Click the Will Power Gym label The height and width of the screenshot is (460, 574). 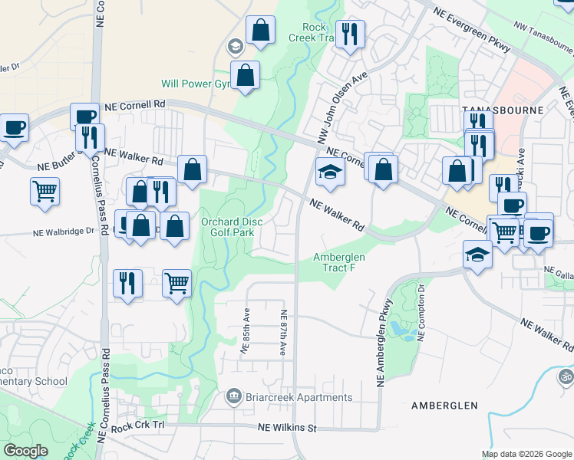click(190, 84)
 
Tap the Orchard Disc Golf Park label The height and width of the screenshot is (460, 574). click(232, 228)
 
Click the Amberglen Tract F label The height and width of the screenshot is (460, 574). click(339, 262)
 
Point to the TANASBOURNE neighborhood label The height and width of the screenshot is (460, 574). click(503, 110)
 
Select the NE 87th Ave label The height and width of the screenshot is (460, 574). click(283, 331)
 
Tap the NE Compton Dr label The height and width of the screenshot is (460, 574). click(422, 312)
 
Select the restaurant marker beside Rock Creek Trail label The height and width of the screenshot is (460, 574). click(350, 34)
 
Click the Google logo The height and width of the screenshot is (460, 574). click(26, 451)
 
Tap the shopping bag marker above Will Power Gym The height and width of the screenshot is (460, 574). click(261, 31)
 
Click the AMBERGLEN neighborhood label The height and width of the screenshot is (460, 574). click(444, 405)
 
